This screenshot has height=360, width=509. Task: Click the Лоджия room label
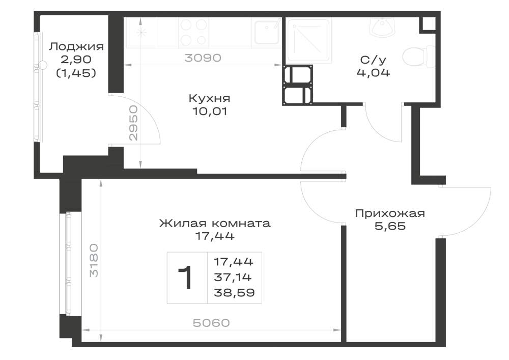point(76,47)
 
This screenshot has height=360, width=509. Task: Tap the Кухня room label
point(209,98)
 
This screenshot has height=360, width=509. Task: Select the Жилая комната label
point(215,224)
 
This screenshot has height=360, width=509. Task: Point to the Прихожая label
point(390,213)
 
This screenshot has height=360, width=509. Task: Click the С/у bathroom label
point(373,60)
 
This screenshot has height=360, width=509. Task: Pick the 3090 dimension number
point(203,58)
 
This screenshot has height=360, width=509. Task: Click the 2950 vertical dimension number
point(133,123)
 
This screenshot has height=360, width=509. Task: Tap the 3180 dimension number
point(94,260)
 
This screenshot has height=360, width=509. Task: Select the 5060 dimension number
point(211,323)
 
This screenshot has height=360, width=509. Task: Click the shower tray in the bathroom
point(309,41)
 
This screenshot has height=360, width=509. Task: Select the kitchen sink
point(267,33)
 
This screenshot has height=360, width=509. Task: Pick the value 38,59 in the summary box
point(234,293)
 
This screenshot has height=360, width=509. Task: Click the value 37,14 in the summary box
point(233,277)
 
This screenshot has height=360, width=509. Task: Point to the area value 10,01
point(209,112)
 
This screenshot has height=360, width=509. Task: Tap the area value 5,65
point(390,226)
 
